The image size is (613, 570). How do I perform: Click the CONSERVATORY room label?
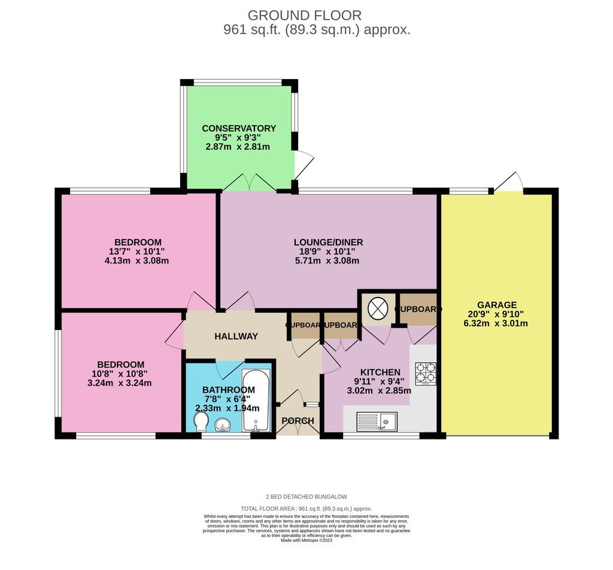(239, 128)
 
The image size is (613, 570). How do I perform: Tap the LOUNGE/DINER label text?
(328, 242)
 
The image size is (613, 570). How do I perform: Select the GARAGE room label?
(496, 305)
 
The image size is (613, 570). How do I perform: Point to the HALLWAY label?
(236, 336)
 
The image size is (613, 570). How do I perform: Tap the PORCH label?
(298, 421)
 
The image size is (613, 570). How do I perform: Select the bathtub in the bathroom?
(256, 400)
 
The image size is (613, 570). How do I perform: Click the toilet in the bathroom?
(202, 424)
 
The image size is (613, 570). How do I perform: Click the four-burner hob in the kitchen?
(426, 373)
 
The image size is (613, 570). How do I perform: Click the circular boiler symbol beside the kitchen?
(377, 309)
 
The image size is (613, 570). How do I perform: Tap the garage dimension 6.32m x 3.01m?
(496, 323)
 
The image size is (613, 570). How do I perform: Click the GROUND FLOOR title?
(304, 15)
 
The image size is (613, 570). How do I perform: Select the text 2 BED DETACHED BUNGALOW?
(306, 497)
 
